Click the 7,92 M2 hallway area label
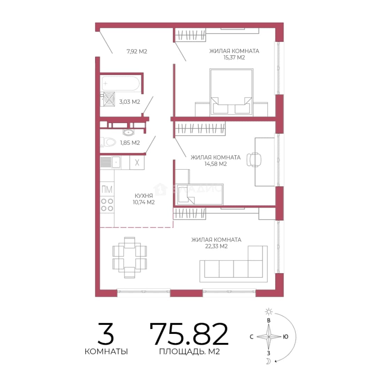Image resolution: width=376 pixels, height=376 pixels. click(137, 51)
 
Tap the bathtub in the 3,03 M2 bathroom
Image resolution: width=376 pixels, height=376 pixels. click(120, 84)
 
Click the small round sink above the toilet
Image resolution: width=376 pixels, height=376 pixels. click(128, 132)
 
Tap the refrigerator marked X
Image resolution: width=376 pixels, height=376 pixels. click(137, 163)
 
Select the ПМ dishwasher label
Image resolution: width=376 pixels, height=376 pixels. click(107, 189)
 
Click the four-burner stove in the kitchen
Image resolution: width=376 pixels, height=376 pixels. click(107, 205)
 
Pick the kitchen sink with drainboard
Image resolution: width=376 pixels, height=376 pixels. click(111, 162)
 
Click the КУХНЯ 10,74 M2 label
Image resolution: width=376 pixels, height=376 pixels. click(144, 199)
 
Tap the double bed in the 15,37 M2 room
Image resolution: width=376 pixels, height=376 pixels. click(232, 92)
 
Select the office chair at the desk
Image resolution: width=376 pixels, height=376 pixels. click(254, 159)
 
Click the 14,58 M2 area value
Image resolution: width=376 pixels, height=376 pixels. click(216, 164)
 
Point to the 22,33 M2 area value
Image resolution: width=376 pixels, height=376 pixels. click(216, 246)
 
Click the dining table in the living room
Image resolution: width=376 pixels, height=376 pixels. click(130, 258)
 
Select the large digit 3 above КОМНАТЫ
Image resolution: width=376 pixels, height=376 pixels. click(106, 334)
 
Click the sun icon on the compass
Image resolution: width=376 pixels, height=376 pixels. click(269, 312)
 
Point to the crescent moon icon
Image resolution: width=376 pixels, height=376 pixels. click(269, 361)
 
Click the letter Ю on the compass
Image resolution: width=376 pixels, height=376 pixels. click(285, 337)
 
